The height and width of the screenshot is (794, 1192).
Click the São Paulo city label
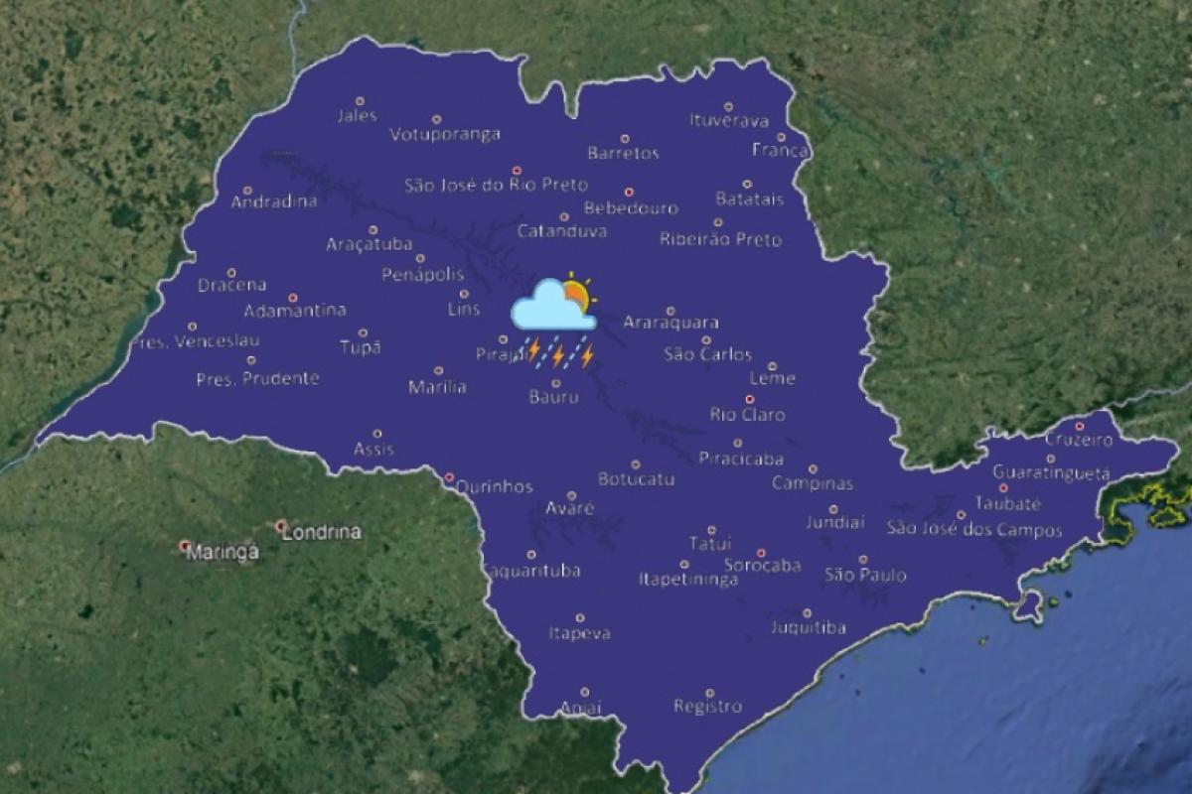(x=865, y=575)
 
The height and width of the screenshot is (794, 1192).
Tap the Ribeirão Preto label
(x=720, y=239)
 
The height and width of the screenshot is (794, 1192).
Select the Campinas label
(x=813, y=484)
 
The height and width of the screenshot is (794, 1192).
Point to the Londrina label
(x=322, y=532)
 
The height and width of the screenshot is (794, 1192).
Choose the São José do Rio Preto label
(x=496, y=185)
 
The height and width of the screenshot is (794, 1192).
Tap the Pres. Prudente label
(x=257, y=378)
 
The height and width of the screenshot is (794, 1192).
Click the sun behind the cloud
(x=575, y=294)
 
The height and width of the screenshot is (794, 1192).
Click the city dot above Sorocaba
(x=762, y=553)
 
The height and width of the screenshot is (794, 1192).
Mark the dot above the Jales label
(x=360, y=100)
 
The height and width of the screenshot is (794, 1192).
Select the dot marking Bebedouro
(x=629, y=193)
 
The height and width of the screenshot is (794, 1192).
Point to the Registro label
(x=707, y=707)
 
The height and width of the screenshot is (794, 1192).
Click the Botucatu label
(x=636, y=479)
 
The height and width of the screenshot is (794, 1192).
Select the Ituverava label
(x=729, y=121)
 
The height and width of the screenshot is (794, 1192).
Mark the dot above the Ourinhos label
(x=449, y=476)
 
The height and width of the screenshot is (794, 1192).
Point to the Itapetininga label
(x=687, y=580)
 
